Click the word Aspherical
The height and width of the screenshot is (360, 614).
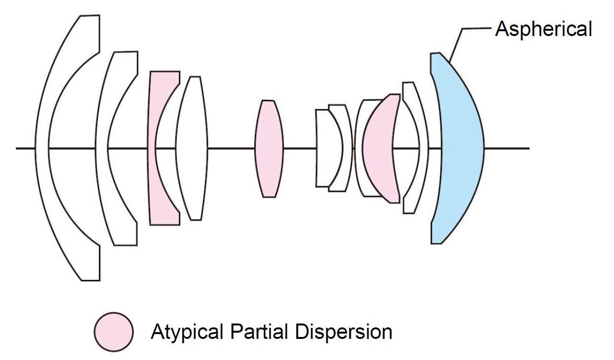544,29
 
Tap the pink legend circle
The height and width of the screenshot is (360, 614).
114,332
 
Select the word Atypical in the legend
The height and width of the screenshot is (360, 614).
187,332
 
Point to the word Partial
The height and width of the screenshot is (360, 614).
259,332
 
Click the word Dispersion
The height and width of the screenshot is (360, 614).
344,332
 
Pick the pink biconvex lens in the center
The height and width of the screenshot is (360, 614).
269,148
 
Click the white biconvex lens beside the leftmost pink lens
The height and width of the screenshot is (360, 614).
191,148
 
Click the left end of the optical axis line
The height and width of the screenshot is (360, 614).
16,148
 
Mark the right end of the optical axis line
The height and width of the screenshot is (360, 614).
529,148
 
